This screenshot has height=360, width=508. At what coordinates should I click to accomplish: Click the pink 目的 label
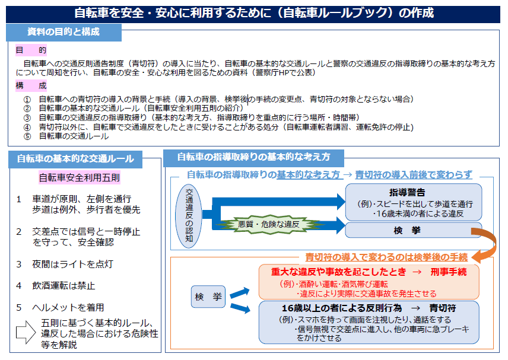(x=31, y=50)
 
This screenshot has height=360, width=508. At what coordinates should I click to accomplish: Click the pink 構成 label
(x=31, y=86)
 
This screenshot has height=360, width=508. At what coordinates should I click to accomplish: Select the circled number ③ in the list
(x=27, y=118)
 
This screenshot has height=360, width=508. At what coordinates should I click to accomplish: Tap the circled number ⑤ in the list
(x=27, y=136)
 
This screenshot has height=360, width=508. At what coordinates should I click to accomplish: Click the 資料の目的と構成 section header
(x=64, y=32)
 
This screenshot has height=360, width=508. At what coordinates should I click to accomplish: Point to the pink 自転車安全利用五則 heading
(x=80, y=178)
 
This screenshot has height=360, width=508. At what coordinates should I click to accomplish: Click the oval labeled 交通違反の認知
(x=189, y=216)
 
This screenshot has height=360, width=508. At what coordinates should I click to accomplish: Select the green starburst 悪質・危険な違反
(x=269, y=224)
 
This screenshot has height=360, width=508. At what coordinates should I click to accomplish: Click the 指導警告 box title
(x=407, y=193)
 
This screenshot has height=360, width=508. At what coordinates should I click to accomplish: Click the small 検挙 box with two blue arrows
(x=208, y=297)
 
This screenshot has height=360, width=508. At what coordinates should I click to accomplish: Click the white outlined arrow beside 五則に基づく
(x=26, y=332)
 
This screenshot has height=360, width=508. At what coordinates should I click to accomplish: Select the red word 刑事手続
(x=449, y=272)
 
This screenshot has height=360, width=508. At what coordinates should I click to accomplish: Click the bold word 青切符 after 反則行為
(x=443, y=308)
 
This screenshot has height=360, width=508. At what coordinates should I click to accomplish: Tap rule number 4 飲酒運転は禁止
(x=56, y=285)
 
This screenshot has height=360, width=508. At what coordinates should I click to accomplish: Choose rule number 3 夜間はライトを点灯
(x=65, y=264)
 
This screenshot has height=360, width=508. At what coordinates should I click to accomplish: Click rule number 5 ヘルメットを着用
(x=60, y=307)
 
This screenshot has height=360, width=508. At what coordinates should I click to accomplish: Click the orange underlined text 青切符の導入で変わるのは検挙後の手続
(x=386, y=257)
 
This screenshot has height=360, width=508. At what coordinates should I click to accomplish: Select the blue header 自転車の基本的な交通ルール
(x=75, y=158)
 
